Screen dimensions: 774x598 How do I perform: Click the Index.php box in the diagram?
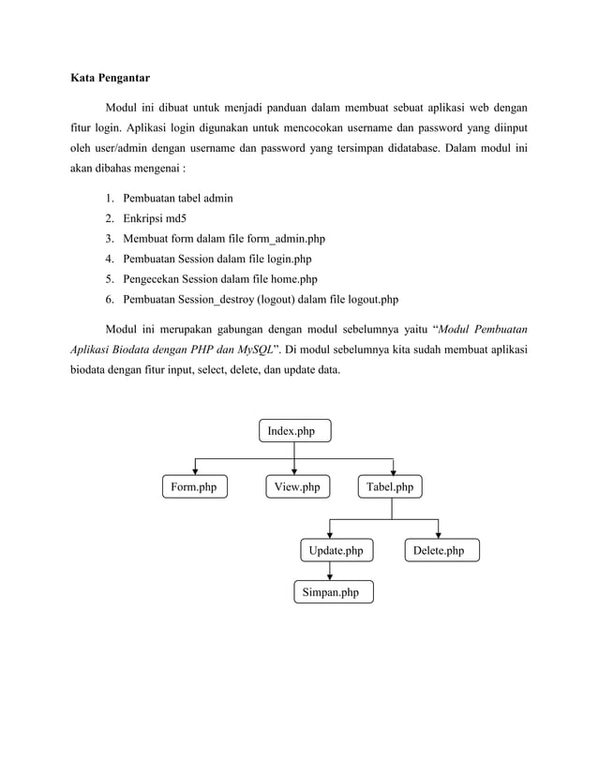pyautogui.click(x=294, y=431)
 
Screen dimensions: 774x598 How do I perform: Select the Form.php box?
pyautogui.click(x=194, y=487)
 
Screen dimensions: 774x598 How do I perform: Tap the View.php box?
pyautogui.click(x=297, y=487)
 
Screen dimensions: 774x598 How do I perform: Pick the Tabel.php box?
pyautogui.click(x=390, y=487)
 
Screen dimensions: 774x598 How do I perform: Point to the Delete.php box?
pyautogui.click(x=440, y=550)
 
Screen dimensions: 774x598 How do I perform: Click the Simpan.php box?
pyautogui.click(x=331, y=592)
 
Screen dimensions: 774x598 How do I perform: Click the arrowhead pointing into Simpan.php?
pyautogui.click(x=330, y=577)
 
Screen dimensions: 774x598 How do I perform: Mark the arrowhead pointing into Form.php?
pyautogui.click(x=195, y=472)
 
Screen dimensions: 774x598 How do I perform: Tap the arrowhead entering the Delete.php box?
pyautogui.click(x=439, y=535)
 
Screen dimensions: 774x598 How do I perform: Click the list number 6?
pyautogui.click(x=110, y=300)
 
